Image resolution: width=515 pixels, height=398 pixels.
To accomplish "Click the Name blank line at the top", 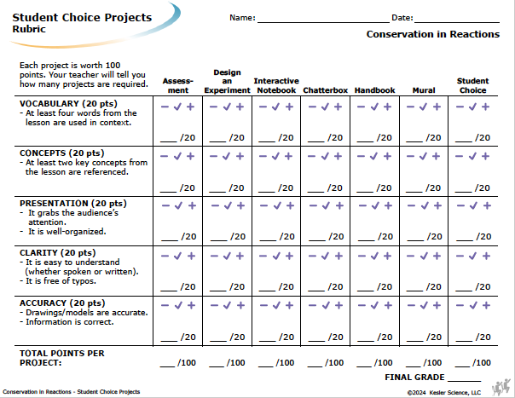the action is click(x=323, y=22).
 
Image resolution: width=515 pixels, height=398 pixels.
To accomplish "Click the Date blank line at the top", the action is click(x=457, y=22).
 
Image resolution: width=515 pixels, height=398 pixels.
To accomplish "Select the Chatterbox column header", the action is click(x=325, y=90).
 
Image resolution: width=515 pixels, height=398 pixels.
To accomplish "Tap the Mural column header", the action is click(x=424, y=90).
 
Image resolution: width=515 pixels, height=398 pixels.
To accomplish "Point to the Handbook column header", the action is click(x=375, y=90).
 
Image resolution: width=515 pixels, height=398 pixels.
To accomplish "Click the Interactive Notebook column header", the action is click(x=276, y=86).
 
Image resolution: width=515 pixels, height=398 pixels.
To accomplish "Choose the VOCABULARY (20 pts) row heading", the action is click(x=68, y=103).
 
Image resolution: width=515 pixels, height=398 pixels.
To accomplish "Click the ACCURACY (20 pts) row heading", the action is click(x=62, y=303).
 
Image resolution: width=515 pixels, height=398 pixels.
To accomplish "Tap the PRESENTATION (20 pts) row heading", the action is click(x=73, y=204).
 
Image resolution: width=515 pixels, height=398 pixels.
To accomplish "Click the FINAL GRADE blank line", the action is click(x=465, y=381).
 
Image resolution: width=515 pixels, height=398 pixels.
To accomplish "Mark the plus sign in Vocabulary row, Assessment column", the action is click(x=190, y=107).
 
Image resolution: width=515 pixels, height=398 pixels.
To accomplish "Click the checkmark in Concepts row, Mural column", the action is click(x=423, y=156).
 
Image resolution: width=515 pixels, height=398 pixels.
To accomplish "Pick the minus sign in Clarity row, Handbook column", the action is click(x=362, y=256).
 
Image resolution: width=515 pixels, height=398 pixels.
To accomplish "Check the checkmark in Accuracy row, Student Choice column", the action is click(x=473, y=306).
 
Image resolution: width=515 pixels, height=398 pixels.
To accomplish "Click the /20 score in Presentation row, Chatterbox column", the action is click(x=336, y=236).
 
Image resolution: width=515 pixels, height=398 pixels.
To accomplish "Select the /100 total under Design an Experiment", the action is click(x=235, y=362).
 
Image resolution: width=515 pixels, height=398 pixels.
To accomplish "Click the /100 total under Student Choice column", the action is click(x=482, y=362).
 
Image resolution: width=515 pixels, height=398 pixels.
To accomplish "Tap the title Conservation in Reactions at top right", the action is click(x=433, y=34).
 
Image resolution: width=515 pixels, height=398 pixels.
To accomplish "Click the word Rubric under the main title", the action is click(x=29, y=29).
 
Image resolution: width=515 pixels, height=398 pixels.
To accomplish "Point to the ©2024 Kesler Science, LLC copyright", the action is click(x=444, y=392).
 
